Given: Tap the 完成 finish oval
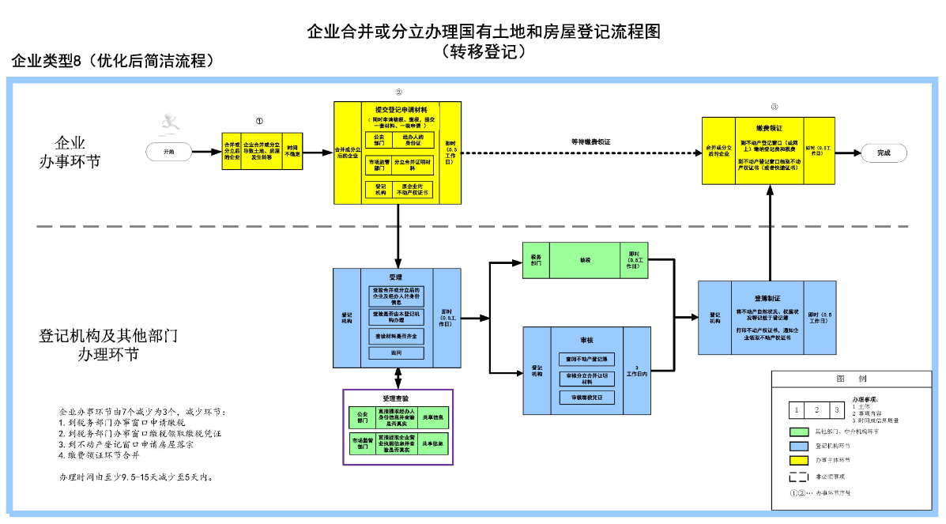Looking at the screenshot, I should [883, 153].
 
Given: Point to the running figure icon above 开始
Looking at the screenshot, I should [168, 123].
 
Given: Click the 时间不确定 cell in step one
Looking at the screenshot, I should [292, 151].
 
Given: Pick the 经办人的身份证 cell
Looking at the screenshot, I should [413, 140].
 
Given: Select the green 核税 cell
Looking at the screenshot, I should [584, 259].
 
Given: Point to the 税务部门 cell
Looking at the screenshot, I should [537, 259].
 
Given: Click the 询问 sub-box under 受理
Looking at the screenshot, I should [396, 353].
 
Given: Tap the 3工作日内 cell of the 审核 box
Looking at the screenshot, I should [637, 370].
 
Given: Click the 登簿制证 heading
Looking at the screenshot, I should [767, 298].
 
